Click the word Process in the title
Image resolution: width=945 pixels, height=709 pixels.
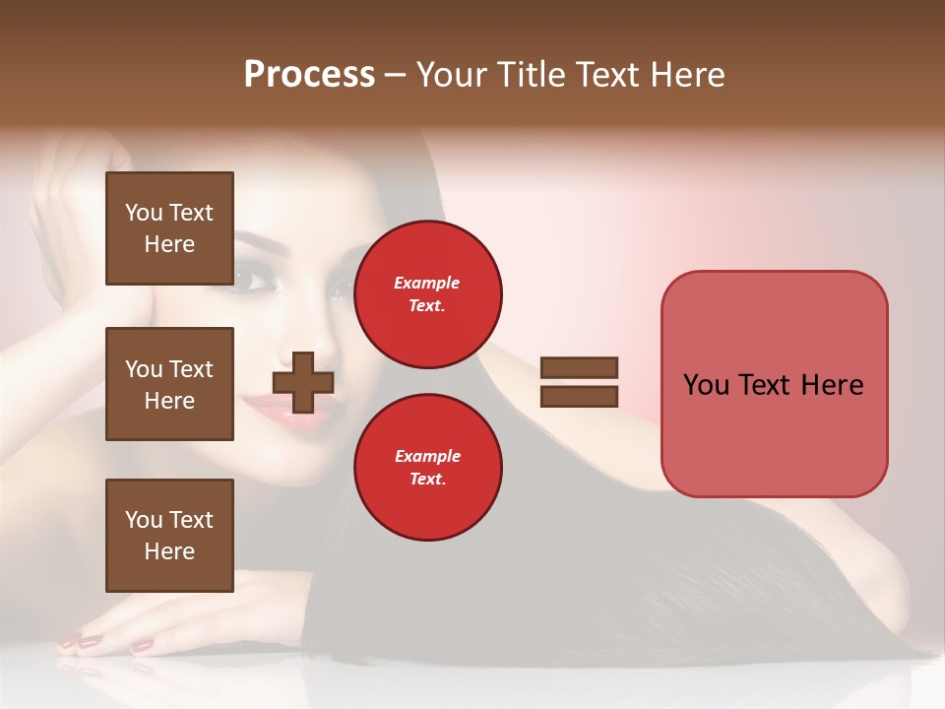(x=309, y=75)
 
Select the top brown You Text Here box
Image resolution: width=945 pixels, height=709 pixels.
(x=169, y=228)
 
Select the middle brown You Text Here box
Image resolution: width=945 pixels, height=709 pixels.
(x=169, y=384)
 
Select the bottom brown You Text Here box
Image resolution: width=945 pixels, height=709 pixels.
(x=169, y=536)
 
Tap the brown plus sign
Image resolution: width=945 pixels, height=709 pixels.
(x=303, y=382)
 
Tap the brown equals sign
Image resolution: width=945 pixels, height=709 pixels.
(x=579, y=382)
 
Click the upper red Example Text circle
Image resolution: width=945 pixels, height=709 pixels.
(x=427, y=293)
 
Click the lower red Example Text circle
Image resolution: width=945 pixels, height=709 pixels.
(x=427, y=467)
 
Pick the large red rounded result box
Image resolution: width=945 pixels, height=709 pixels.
(x=774, y=384)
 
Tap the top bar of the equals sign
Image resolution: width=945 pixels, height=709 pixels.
(x=579, y=367)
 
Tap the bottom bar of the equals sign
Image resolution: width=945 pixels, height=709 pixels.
(x=579, y=397)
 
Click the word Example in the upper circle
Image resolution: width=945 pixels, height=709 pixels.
(x=427, y=283)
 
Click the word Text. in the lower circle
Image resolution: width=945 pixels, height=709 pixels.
(x=427, y=479)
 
